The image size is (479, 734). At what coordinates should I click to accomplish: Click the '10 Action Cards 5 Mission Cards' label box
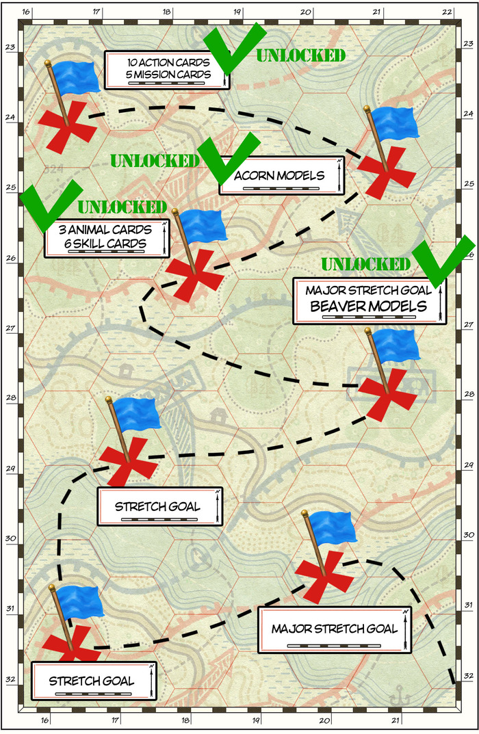(x=166, y=69)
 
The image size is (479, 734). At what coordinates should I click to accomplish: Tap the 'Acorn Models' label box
(x=281, y=176)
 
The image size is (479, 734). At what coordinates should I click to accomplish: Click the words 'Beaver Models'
(x=368, y=306)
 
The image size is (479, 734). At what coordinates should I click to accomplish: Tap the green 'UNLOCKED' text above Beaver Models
(x=365, y=264)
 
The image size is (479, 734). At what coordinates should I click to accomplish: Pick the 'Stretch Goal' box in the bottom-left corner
(x=92, y=680)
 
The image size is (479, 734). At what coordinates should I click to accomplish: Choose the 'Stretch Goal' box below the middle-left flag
(x=157, y=507)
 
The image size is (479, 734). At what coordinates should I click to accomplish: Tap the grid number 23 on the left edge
(x=10, y=47)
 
